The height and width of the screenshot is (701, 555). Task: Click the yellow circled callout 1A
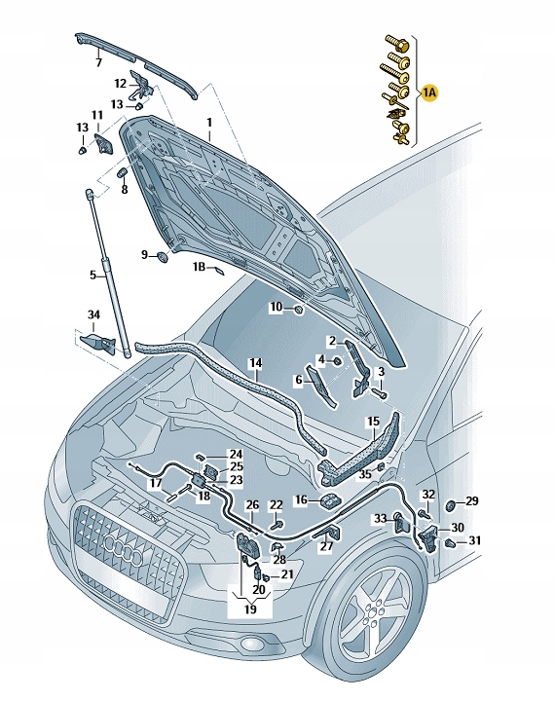coord(430,92)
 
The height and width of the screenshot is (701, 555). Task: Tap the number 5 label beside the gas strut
coord(92,275)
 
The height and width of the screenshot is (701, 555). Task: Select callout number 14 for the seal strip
coord(255,364)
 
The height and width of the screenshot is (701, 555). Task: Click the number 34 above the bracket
coord(93,314)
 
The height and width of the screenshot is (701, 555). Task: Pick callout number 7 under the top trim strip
coord(98,62)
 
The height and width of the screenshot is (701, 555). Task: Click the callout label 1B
coord(199,266)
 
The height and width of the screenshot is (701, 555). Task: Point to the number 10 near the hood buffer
coord(277,307)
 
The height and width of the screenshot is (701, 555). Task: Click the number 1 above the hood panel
coord(207,122)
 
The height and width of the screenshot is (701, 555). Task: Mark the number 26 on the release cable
coord(252,504)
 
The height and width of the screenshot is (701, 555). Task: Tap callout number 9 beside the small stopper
coord(145,255)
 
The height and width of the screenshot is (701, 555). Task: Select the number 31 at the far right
coord(474,541)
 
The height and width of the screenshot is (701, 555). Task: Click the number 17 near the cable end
coord(155,483)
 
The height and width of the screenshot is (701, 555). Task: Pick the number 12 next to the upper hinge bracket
coord(121,84)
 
